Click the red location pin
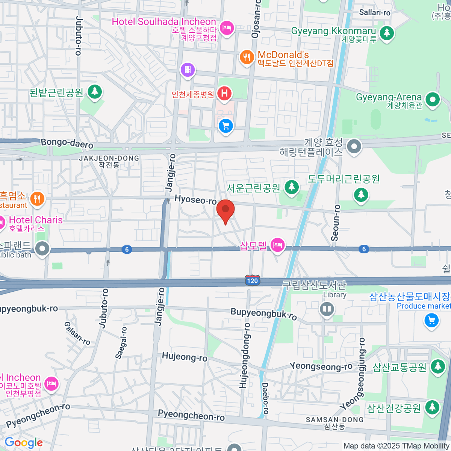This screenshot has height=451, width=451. [x=225, y=210]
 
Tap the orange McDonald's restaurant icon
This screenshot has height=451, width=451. [x=247, y=58]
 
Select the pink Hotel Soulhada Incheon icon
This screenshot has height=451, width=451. [x=227, y=27]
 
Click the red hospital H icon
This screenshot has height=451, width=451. [x=224, y=93]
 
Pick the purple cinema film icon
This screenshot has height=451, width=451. [x=188, y=70]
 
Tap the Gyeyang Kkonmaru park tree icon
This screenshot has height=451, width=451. [x=386, y=33]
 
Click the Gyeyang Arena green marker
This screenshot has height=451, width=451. [x=433, y=100]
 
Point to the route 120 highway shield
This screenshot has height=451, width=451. [x=252, y=280]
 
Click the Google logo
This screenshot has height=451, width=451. [x=24, y=443]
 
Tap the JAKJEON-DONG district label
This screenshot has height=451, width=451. [x=109, y=159]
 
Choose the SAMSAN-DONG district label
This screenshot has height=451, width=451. [x=334, y=420]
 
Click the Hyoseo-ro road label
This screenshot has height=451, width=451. [x=195, y=200]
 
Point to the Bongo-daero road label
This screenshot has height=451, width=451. [x=67, y=143]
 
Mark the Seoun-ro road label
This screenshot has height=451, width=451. [x=336, y=222]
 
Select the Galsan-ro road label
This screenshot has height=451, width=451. [x=77, y=333]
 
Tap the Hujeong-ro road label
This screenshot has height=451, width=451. [x=185, y=357]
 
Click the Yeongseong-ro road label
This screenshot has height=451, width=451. [x=321, y=366]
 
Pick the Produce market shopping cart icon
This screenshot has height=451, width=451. [x=431, y=321]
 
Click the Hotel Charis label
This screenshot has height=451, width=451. [x=36, y=220]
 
